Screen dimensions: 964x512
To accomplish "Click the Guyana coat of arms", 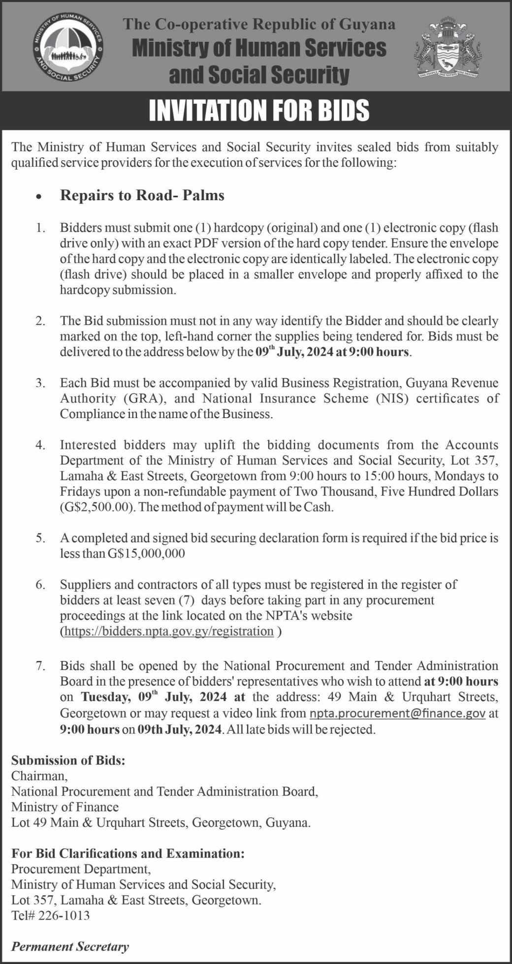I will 447,50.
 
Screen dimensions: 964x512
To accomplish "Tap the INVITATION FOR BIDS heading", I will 259,111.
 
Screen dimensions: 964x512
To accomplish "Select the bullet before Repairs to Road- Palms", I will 39,196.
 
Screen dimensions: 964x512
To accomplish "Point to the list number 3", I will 40,383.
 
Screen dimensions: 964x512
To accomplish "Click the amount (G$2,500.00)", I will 98,507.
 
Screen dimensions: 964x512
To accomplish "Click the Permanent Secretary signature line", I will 70,946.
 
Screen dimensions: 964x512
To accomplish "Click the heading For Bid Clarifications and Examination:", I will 128,853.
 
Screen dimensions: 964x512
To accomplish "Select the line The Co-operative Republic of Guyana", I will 259,24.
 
